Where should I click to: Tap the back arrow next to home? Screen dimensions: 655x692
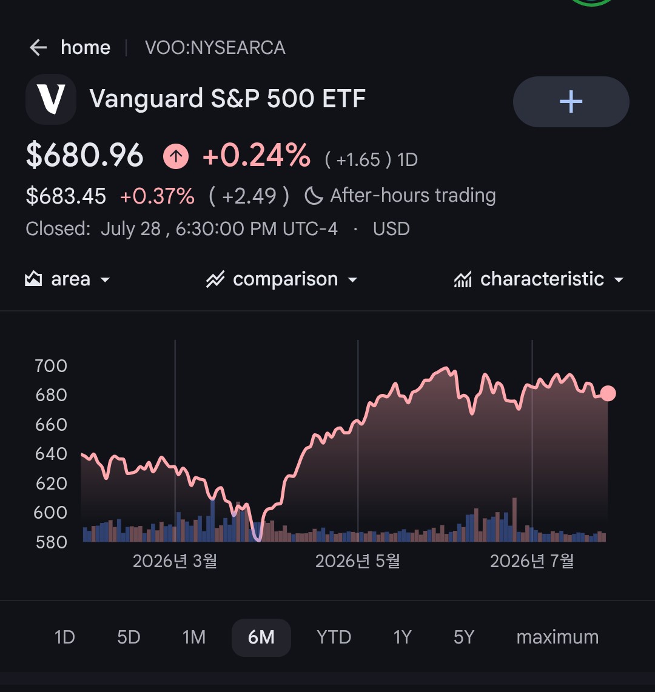tap(38, 48)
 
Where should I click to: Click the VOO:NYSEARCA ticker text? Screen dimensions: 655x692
tap(215, 48)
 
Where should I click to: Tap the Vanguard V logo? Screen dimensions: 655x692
tap(51, 99)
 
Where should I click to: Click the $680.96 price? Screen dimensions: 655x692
tap(85, 155)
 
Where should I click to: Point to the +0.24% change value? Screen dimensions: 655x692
tap(257, 155)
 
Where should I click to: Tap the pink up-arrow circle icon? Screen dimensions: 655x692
tap(176, 156)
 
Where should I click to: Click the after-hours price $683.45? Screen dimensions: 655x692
tap(66, 196)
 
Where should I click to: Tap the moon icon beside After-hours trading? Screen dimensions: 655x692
tap(314, 196)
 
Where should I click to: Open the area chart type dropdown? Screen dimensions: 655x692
tap(67, 279)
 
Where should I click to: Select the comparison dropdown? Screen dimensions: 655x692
tap(282, 279)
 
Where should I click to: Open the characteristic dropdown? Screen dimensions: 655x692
tap(539, 279)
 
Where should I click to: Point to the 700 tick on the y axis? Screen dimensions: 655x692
tap(51, 366)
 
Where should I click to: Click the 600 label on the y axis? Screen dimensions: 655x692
tap(50, 513)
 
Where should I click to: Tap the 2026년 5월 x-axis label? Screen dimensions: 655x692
tap(358, 561)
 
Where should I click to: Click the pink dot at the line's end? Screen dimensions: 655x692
tap(608, 393)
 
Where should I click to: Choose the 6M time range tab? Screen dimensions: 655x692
tap(261, 637)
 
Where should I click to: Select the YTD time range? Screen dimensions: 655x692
tap(334, 637)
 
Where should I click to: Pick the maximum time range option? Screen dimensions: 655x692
tap(557, 637)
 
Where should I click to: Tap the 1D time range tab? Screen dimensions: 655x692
tap(64, 637)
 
